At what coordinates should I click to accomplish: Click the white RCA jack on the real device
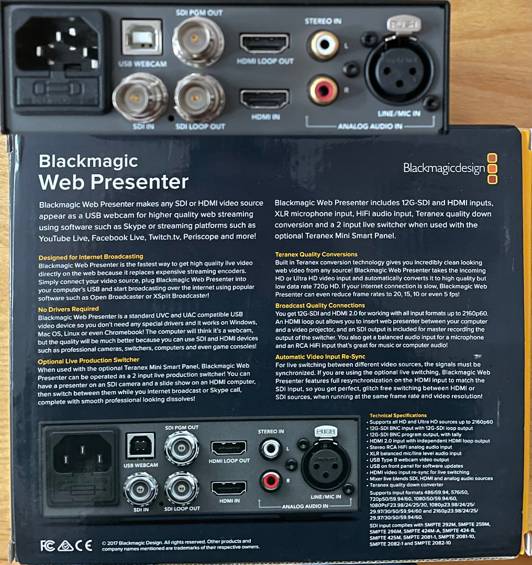(x=324, y=44)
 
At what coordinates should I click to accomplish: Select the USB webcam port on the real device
(x=142, y=38)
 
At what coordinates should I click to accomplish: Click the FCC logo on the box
(x=47, y=546)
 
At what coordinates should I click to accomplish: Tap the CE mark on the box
(x=84, y=546)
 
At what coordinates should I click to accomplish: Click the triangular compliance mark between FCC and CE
(x=65, y=546)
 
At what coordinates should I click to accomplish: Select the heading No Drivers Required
(x=69, y=309)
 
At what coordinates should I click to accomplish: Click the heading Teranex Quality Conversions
(x=316, y=254)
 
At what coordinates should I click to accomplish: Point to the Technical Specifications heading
(x=398, y=415)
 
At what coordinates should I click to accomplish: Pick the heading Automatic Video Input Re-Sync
(x=320, y=357)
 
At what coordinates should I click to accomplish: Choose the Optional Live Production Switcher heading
(x=88, y=360)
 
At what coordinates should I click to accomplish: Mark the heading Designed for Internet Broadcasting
(x=91, y=257)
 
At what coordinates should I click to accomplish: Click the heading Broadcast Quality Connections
(x=320, y=306)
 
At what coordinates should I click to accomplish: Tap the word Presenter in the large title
(x=140, y=182)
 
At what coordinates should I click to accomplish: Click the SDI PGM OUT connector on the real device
(x=197, y=41)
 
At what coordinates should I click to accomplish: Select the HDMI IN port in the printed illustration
(x=229, y=488)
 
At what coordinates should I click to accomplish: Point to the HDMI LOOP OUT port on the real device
(x=264, y=43)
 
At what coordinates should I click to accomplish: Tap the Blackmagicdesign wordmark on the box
(x=444, y=168)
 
